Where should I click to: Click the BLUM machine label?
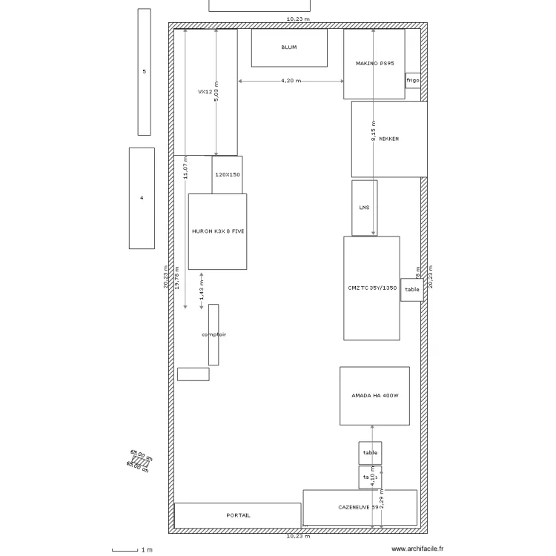(x=289, y=47)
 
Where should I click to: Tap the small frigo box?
(x=413, y=80)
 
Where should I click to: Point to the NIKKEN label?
(x=389, y=139)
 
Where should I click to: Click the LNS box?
(x=364, y=208)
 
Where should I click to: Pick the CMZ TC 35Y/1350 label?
(x=372, y=288)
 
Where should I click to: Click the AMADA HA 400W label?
(x=375, y=396)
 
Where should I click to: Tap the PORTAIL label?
(x=238, y=515)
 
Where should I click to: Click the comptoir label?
(x=214, y=334)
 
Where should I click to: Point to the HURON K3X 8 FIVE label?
(x=217, y=231)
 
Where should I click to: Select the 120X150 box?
(x=227, y=174)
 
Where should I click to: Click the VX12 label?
(x=203, y=92)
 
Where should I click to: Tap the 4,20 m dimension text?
(x=291, y=80)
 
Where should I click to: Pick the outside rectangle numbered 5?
(x=144, y=72)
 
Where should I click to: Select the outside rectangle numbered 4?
(x=142, y=198)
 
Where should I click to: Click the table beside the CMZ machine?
(x=412, y=290)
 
